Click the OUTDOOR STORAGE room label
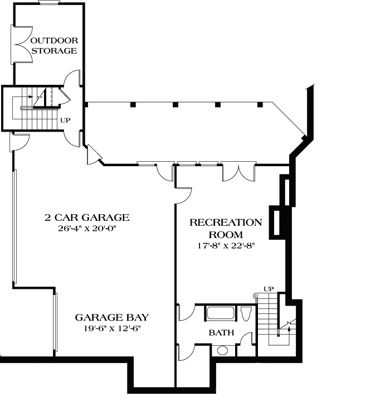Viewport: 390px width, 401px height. pos(53,46)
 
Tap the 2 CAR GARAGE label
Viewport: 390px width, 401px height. pos(87,218)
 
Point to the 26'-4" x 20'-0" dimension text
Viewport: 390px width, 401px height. pos(87,228)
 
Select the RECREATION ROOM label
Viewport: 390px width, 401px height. pos(226,228)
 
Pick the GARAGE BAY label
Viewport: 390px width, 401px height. pos(112,317)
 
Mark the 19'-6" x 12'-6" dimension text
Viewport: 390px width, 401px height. pos(112,328)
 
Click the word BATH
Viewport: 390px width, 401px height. pos(221,333)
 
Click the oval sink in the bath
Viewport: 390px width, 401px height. pos(222,350)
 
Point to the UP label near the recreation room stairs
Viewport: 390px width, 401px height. pos(269,289)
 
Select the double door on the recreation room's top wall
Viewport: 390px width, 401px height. pos(238,172)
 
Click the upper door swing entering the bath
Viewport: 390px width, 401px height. pos(185,313)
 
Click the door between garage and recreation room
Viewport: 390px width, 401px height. pos(183,195)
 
